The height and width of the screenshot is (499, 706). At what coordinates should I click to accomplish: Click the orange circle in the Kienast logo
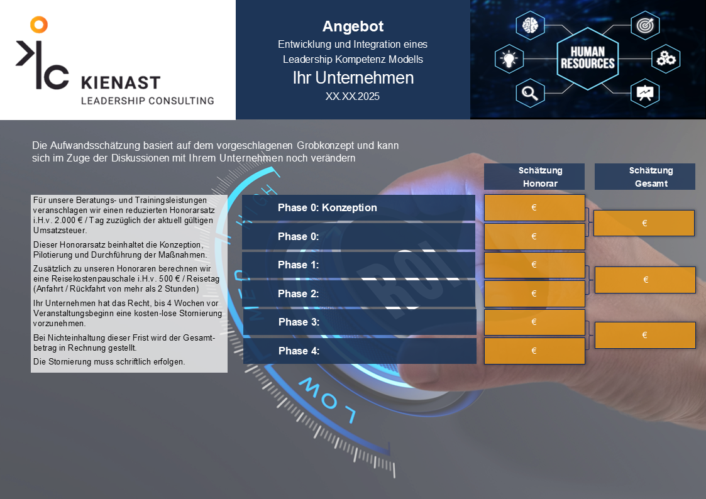tap(39, 25)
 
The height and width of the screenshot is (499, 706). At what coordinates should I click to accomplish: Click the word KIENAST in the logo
tap(121, 83)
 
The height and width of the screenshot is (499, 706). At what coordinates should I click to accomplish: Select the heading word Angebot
tap(353, 26)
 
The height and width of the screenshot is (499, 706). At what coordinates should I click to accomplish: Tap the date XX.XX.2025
tap(353, 96)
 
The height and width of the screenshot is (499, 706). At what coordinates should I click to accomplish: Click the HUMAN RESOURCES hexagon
tap(588, 58)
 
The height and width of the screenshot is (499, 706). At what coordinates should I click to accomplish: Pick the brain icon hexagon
tap(530, 25)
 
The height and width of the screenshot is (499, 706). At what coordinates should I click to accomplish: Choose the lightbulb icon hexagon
tap(509, 59)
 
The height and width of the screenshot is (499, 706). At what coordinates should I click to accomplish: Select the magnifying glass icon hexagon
tap(530, 93)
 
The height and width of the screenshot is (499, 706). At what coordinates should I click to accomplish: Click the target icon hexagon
tap(645, 25)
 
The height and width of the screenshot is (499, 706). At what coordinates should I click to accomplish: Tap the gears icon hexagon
tap(666, 59)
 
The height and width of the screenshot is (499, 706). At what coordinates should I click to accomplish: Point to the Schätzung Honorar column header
tap(534, 177)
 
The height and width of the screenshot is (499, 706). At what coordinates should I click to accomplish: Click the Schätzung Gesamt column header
tap(645, 177)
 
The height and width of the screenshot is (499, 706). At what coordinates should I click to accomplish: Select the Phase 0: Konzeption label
tap(328, 207)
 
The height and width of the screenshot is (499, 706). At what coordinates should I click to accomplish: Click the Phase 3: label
tap(299, 322)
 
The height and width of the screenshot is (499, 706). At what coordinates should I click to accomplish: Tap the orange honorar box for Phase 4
tap(534, 351)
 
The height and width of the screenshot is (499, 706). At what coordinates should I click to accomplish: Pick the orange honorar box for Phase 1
tap(534, 265)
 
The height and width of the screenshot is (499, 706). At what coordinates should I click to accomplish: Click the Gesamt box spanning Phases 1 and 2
tap(645, 280)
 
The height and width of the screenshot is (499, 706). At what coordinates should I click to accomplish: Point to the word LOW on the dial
tap(328, 400)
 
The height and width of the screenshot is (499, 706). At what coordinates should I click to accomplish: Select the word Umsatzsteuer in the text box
tap(60, 231)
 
